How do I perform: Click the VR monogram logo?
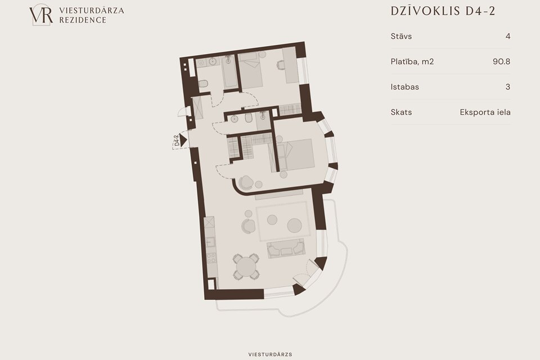tap(41, 15)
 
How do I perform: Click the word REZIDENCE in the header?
tap(83, 20)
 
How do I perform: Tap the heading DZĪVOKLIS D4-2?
tap(443, 11)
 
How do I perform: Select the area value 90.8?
tap(501, 61)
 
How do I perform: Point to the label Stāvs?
tap(401, 36)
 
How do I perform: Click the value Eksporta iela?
tap(485, 112)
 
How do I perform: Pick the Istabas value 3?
tap(507, 87)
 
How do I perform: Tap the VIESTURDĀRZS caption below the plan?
tap(271, 354)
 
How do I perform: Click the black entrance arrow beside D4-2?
tap(183, 140)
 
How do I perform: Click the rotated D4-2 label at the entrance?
tap(177, 141)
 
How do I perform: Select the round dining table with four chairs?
tap(246, 267)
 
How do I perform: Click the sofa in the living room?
tap(286, 249)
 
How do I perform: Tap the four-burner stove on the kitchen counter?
tap(211, 258)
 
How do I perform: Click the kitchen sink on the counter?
tap(210, 242)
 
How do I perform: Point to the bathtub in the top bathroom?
tap(229, 71)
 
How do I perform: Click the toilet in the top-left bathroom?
tap(203, 83)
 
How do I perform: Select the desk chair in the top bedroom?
tap(281, 65)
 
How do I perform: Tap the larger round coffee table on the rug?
tap(295, 226)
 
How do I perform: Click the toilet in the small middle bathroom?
tap(249, 118)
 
